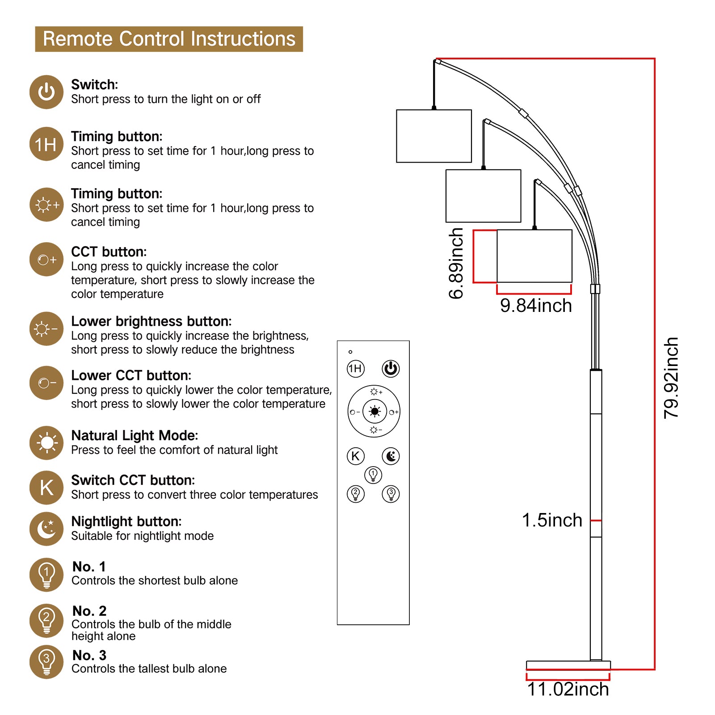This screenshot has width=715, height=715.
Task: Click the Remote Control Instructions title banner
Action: click(169, 39)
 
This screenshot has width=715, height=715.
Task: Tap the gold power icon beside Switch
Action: click(46, 92)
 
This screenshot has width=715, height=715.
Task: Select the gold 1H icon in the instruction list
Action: click(46, 144)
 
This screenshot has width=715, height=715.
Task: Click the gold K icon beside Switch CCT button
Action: click(46, 488)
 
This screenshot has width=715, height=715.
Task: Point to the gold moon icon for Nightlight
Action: click(46, 529)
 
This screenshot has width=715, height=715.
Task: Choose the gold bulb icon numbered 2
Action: click(46, 620)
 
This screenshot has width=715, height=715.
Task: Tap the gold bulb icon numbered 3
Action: click(46, 662)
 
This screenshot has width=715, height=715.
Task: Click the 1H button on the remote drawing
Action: click(356, 369)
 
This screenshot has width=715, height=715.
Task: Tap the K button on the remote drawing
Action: click(356, 456)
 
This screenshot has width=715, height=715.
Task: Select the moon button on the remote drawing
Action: click(391, 456)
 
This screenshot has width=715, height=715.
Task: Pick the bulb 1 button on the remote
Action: click(373, 475)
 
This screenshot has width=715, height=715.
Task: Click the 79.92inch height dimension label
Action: click(671, 378)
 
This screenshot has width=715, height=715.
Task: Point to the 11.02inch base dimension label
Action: click(568, 689)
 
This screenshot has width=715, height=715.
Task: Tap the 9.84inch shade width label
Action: click(536, 306)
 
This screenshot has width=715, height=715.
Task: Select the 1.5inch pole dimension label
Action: click(552, 520)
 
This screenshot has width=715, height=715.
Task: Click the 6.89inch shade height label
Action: click(456, 263)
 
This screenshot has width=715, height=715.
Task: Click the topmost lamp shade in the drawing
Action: click(434, 136)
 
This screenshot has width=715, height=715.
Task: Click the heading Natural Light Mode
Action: click(135, 435)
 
